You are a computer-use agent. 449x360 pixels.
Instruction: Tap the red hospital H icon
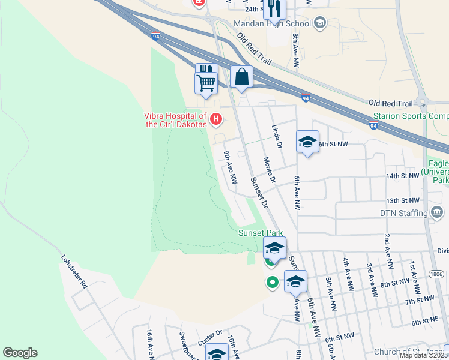[214, 124]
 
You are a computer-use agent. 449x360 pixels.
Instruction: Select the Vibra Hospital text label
[175, 121]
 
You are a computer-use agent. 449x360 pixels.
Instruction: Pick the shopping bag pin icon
[241, 77]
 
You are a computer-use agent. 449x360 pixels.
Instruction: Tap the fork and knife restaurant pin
[275, 8]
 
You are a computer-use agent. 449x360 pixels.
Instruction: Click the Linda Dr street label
[277, 137]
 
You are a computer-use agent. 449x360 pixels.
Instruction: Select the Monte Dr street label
[269, 170]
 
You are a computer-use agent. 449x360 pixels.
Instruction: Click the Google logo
[20, 353]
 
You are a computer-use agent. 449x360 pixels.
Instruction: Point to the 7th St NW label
[420, 299]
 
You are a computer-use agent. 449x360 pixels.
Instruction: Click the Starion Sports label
[411, 116]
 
